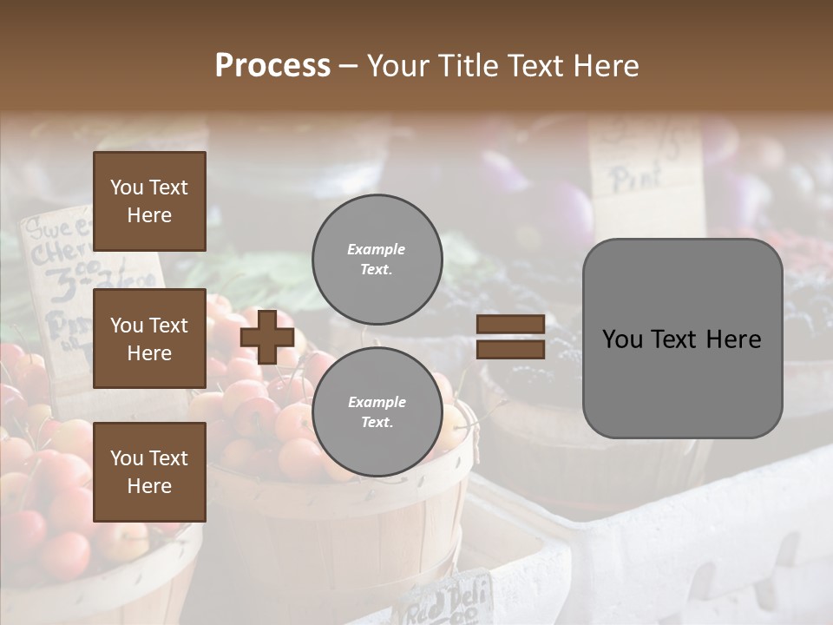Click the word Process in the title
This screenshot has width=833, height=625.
tap(272, 66)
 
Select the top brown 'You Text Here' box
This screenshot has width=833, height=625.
tap(149, 201)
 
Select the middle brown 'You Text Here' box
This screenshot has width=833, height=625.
tap(149, 339)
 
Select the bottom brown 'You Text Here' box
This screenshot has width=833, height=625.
tap(149, 472)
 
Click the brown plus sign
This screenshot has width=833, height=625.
tap(267, 337)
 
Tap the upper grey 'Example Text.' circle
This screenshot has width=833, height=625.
tap(377, 260)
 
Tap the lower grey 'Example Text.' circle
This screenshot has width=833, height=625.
tap(377, 412)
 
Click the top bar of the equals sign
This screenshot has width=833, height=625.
tap(510, 325)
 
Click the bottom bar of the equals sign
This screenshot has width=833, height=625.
tap(510, 349)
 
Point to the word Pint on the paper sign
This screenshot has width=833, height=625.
tap(637, 179)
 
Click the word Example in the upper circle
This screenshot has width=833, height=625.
tap(376, 249)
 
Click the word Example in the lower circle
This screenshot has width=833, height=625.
tap(377, 402)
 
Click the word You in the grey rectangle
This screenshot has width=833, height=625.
tap(622, 339)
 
